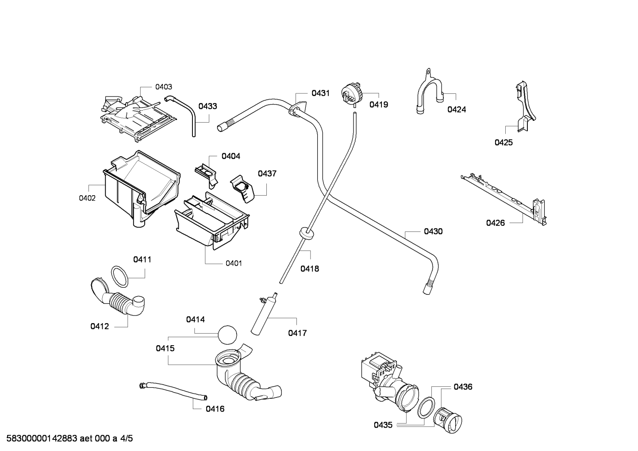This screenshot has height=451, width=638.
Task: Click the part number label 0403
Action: (x=164, y=87)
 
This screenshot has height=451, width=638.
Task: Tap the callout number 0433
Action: (x=208, y=106)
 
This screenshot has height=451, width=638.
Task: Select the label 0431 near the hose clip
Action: (x=320, y=93)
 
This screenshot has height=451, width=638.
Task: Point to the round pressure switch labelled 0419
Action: (x=351, y=93)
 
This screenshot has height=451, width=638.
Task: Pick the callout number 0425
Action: (x=503, y=143)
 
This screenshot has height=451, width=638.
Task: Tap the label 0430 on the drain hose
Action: (x=433, y=231)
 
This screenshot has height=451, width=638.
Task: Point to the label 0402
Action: (x=87, y=198)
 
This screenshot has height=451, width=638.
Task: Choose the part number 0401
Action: (x=234, y=263)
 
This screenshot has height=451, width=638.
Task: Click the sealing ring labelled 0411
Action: (x=119, y=277)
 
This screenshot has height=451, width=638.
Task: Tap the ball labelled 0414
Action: (x=227, y=335)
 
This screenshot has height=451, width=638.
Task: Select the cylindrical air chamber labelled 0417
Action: (x=264, y=313)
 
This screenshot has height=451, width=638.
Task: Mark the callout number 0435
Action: (x=383, y=425)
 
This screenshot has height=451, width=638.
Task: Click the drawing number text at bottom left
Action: (x=69, y=439)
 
